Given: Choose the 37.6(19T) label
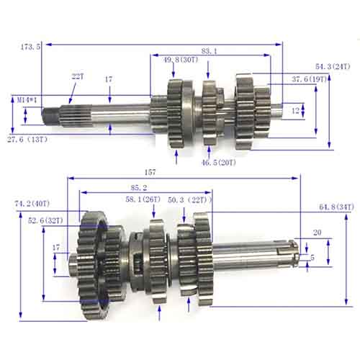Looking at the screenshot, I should click(x=310, y=79).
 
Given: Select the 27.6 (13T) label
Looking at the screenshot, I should click(x=28, y=138).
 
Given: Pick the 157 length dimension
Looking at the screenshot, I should click(x=170, y=173).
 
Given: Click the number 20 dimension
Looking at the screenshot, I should click(x=317, y=233).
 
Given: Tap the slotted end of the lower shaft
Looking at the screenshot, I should click(x=291, y=255).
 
